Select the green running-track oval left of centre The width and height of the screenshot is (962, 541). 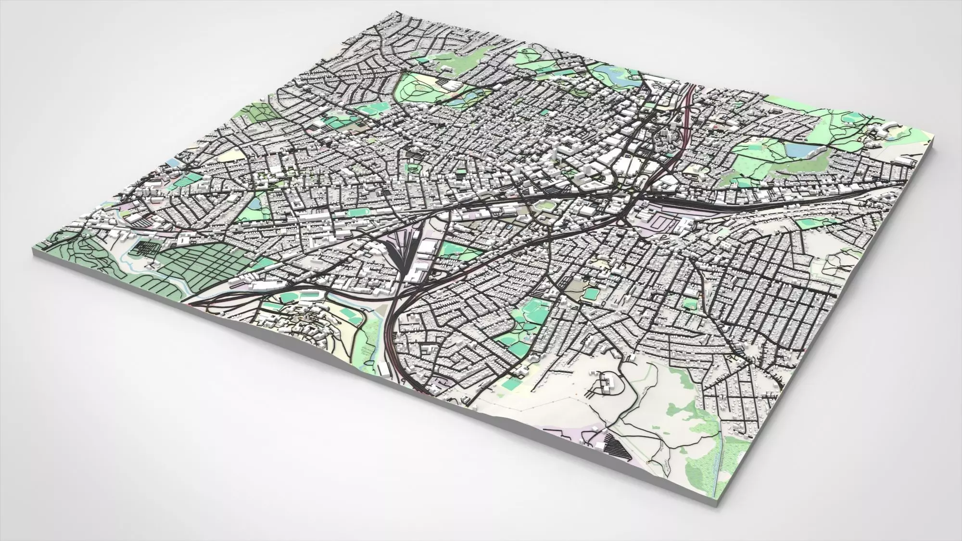(356, 212)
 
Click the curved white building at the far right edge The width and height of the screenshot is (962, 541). (884, 130)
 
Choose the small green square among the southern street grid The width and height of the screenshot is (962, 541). (690, 303)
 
